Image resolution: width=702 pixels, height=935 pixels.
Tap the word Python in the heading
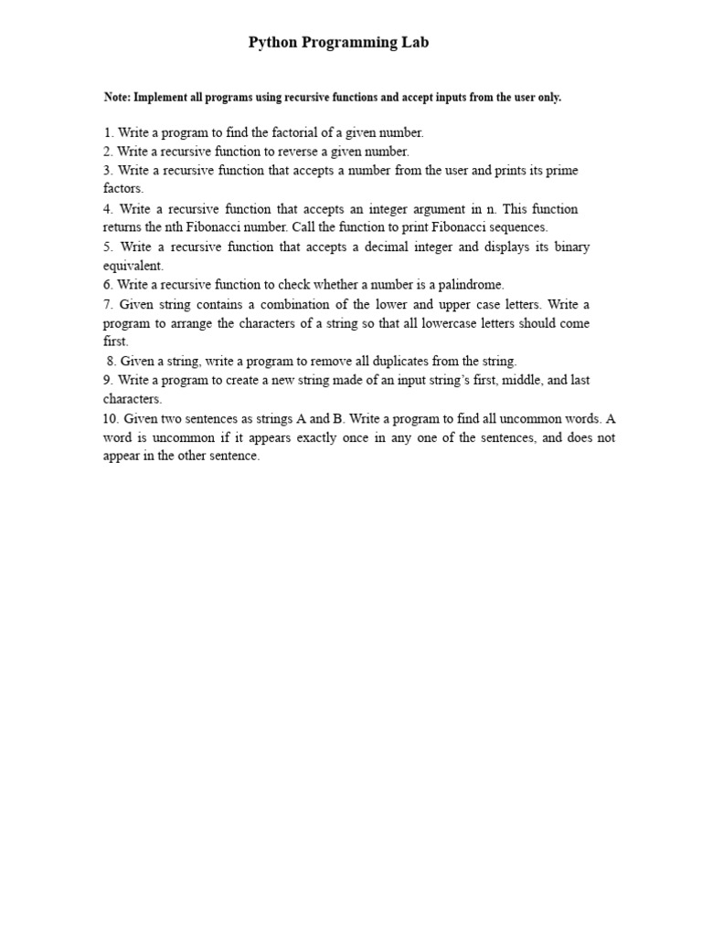pos(272,42)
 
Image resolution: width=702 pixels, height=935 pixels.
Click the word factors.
pos(122,188)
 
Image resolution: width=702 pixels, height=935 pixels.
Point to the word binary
pos(569,247)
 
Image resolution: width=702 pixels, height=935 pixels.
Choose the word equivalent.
pos(133,266)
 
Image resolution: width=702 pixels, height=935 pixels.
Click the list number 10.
pos(111,419)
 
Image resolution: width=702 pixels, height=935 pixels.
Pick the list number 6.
pos(107,285)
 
